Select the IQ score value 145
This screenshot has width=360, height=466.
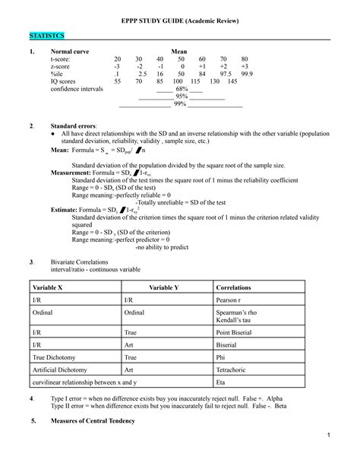coord(243,81)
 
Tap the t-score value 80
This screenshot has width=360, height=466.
coord(244,59)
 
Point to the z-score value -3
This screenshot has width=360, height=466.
coord(118,66)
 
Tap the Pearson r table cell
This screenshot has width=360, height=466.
coord(231,301)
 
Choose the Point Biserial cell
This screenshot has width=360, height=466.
coord(236,331)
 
